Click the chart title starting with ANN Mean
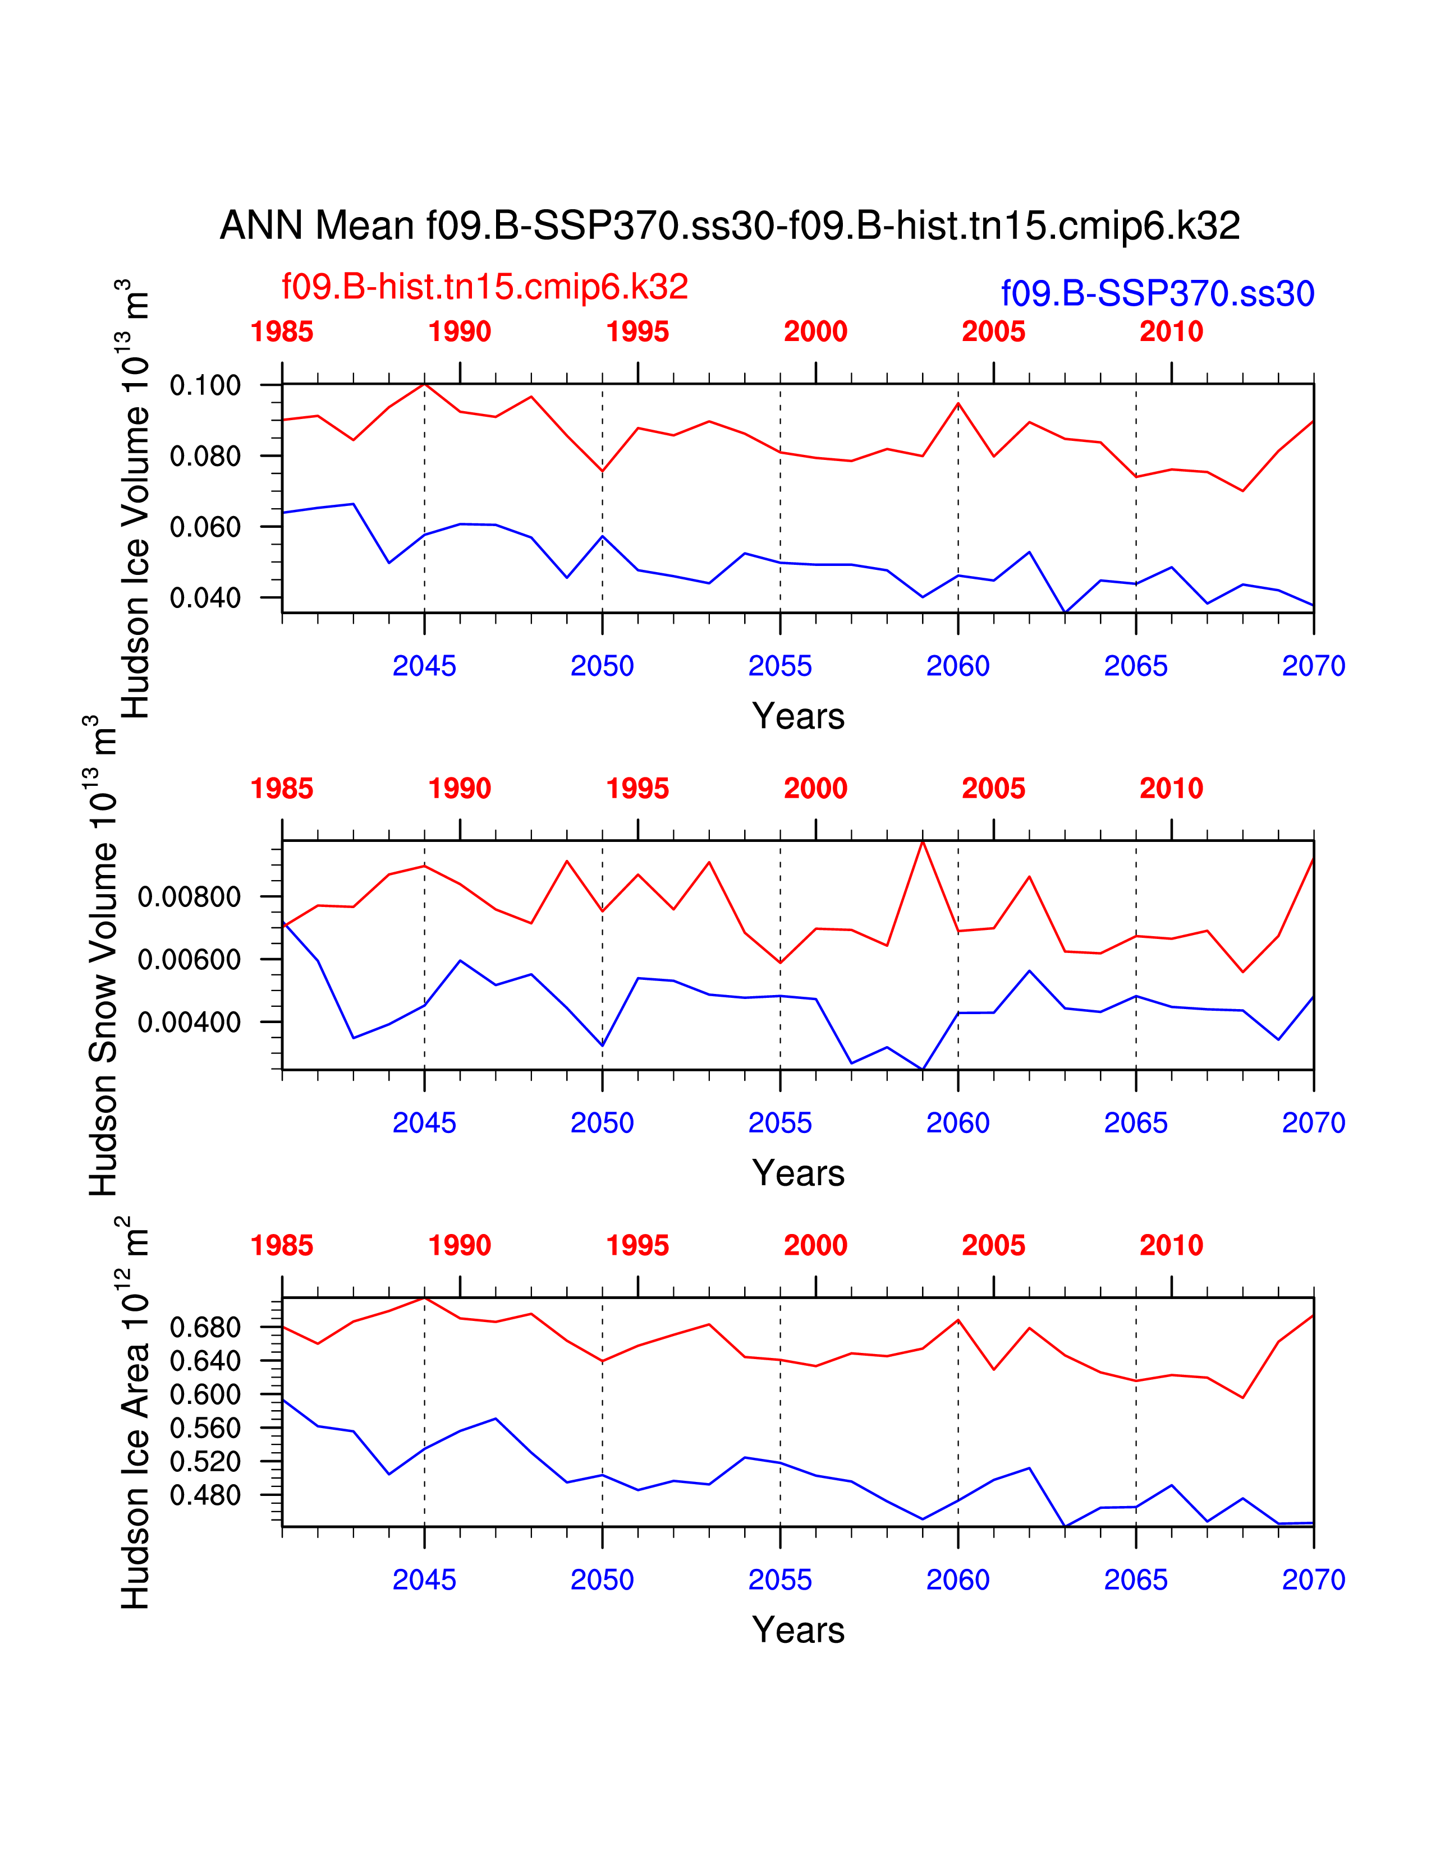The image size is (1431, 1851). (x=730, y=226)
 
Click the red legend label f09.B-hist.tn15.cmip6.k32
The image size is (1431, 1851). (x=485, y=287)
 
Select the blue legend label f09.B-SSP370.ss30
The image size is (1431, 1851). (x=1158, y=293)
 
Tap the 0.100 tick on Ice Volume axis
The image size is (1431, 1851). (x=205, y=386)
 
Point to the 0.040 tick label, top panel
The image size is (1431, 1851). (x=205, y=598)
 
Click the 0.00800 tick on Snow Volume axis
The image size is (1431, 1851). (x=189, y=897)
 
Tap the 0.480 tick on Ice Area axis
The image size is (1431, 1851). (x=205, y=1496)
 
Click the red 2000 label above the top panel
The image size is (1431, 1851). (x=815, y=331)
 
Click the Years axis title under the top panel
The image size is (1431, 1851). (x=798, y=716)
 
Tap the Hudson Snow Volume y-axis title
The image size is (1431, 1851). (x=103, y=955)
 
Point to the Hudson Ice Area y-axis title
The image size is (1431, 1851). (x=134, y=1413)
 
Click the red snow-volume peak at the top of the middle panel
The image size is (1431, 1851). (x=923, y=841)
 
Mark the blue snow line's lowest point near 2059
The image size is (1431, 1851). (x=923, y=1069)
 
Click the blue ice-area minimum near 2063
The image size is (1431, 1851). (x=1065, y=1526)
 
